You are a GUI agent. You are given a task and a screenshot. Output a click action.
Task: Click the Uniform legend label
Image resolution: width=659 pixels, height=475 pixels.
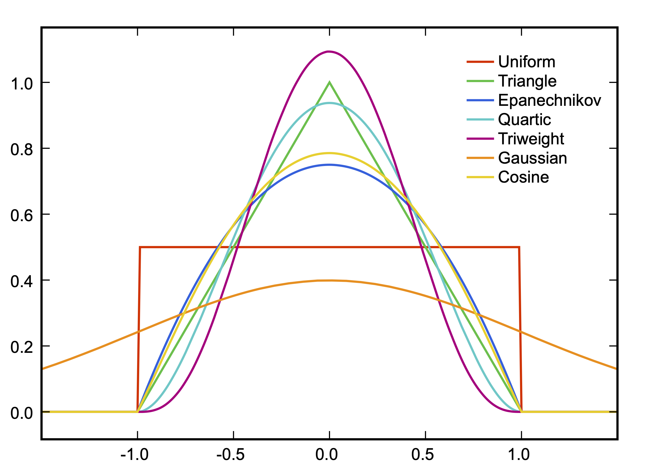click(x=526, y=62)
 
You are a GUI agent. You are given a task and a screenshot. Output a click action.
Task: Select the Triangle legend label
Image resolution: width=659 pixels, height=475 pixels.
click(x=527, y=81)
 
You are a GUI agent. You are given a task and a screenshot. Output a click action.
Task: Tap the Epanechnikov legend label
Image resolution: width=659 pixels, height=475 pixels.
click(x=549, y=100)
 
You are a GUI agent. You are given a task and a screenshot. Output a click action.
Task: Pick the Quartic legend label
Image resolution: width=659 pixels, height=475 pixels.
click(x=524, y=120)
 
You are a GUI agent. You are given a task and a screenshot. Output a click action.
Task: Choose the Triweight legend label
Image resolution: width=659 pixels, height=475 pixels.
click(x=531, y=139)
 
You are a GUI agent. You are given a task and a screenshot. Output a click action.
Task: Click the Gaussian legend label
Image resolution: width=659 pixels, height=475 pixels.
click(x=532, y=158)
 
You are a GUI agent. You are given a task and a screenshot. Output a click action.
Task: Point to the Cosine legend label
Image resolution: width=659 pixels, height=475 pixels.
click(x=523, y=177)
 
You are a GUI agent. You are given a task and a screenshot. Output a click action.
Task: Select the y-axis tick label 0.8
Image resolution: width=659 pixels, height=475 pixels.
click(x=22, y=150)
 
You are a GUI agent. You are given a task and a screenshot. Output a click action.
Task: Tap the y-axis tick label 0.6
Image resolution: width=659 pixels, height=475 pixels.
click(x=22, y=216)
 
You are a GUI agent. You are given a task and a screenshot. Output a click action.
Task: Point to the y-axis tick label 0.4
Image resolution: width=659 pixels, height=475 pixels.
click(x=22, y=282)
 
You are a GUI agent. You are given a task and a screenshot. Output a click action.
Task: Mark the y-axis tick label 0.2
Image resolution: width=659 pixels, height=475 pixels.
click(x=22, y=347)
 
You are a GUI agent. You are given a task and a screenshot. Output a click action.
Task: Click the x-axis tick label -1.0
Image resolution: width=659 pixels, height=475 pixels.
click(x=134, y=455)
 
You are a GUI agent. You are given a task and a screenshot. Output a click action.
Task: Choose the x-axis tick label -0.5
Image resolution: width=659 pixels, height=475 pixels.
click(x=230, y=455)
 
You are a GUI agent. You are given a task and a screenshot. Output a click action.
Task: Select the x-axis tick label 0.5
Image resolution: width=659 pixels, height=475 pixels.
click(x=422, y=455)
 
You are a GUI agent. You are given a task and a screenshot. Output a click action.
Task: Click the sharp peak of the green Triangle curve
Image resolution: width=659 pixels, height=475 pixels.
click(x=329, y=83)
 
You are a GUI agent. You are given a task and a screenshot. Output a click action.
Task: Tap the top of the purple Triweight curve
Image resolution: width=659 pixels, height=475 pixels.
click(x=329, y=52)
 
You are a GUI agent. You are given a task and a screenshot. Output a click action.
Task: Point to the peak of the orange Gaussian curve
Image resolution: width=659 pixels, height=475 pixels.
click(x=330, y=281)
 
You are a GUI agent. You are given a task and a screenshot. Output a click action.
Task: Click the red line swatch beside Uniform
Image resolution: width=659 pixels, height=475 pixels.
click(x=480, y=62)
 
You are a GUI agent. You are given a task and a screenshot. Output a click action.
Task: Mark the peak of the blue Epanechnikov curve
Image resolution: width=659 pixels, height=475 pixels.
click(x=329, y=165)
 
